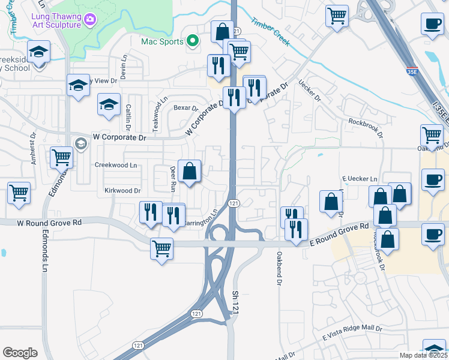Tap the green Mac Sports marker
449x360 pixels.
click(193, 41)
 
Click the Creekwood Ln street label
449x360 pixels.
click(116, 164)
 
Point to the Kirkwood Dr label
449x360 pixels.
click(122, 191)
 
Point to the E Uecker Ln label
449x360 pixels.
click(360, 179)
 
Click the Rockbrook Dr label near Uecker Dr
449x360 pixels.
click(365, 128)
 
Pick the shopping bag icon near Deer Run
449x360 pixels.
click(190, 171)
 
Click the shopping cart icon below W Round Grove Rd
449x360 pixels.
click(161, 248)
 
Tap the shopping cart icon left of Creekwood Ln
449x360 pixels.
click(62, 158)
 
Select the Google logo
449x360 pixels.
click(20, 353)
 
